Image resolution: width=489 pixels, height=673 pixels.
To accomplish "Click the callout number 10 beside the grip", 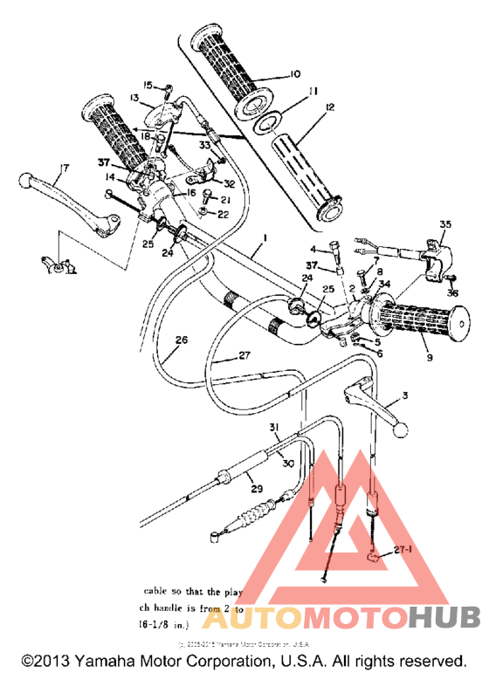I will coord(294,74).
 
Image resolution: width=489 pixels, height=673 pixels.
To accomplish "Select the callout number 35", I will coord(444,224).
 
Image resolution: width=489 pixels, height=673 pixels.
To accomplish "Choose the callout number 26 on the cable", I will coord(181,343).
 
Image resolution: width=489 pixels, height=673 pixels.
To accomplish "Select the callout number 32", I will coord(230,183).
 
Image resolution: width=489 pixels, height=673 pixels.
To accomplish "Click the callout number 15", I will coord(148,85).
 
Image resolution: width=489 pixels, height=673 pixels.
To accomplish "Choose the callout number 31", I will coord(274,426).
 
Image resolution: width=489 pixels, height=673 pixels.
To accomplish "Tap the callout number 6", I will coord(378,353).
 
